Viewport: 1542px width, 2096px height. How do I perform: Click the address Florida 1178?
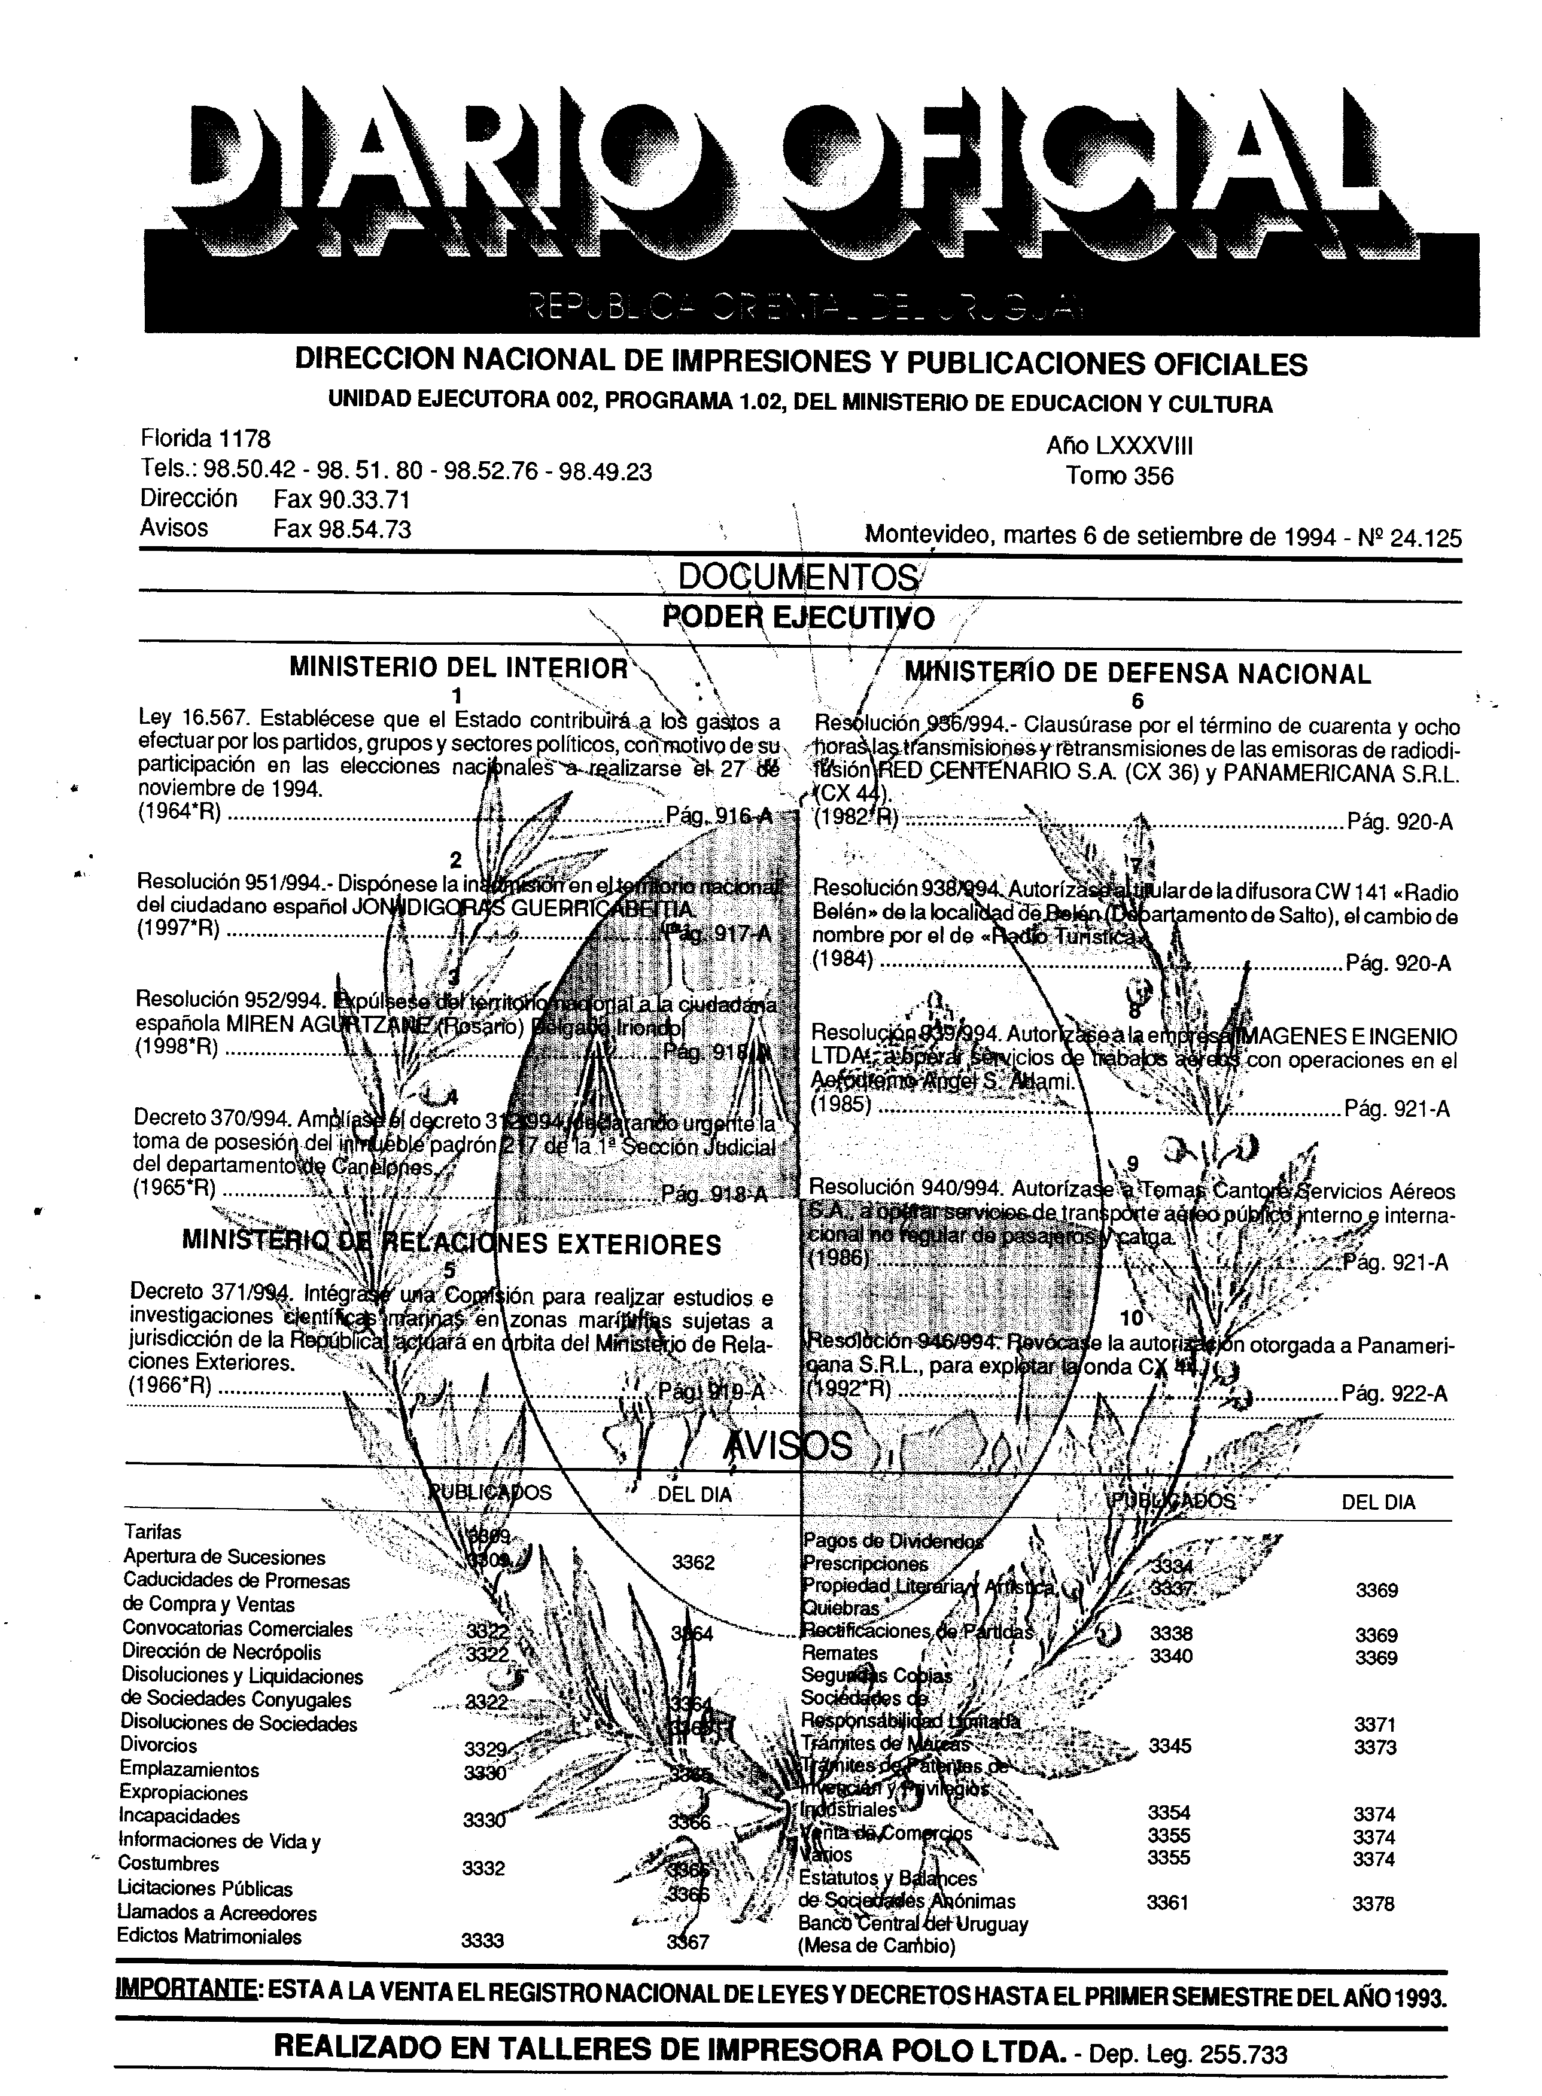pos(205,438)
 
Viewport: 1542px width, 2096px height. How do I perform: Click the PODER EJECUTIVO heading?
pos(798,618)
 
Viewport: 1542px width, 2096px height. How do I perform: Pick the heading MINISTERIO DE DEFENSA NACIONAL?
pos(1138,673)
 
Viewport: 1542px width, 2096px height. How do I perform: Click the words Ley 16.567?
pos(191,720)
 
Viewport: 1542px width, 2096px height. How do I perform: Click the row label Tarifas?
pos(152,1531)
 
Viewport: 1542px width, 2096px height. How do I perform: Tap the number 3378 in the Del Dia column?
pos(1373,1904)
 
